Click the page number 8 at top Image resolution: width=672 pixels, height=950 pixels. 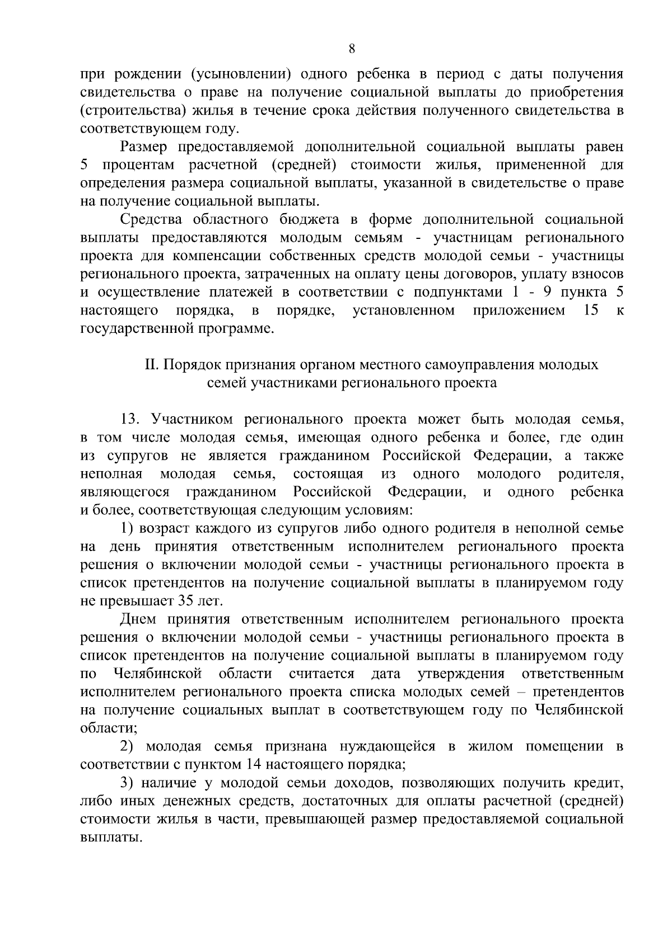coord(352,49)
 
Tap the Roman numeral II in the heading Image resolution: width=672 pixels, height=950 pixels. coord(152,365)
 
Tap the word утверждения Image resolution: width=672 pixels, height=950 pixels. coord(461,674)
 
